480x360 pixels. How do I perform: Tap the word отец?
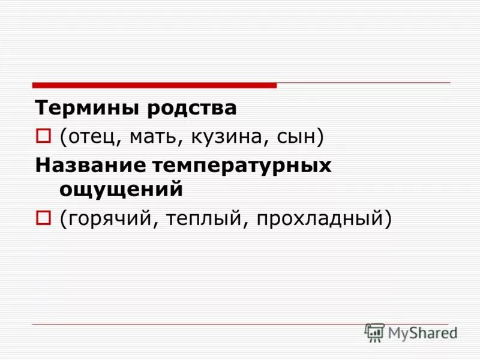click(x=95, y=137)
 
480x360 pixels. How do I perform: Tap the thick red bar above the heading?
click(x=154, y=85)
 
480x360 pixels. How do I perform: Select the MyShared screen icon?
click(x=374, y=332)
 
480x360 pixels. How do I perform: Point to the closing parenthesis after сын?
click(x=320, y=138)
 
